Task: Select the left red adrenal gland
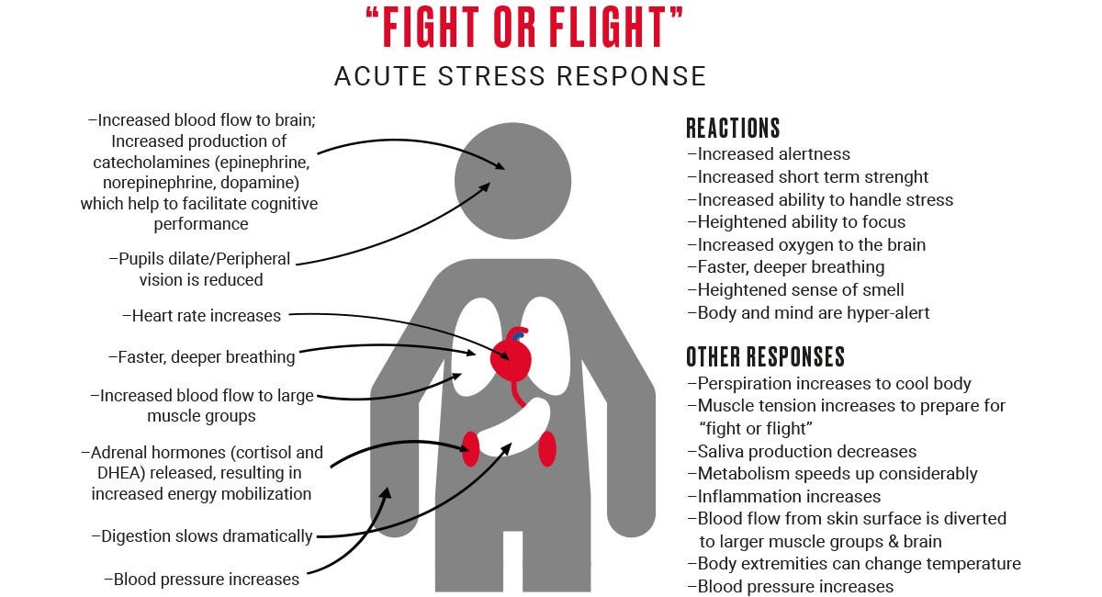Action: [x=471, y=448]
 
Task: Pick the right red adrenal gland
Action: [x=547, y=448]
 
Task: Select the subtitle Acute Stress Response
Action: [x=520, y=76]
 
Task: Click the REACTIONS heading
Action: [x=733, y=128]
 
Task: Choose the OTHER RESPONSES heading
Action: [x=765, y=356]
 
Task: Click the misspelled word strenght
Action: [x=890, y=177]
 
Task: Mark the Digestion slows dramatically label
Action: [x=202, y=536]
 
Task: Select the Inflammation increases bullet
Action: [x=783, y=497]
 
